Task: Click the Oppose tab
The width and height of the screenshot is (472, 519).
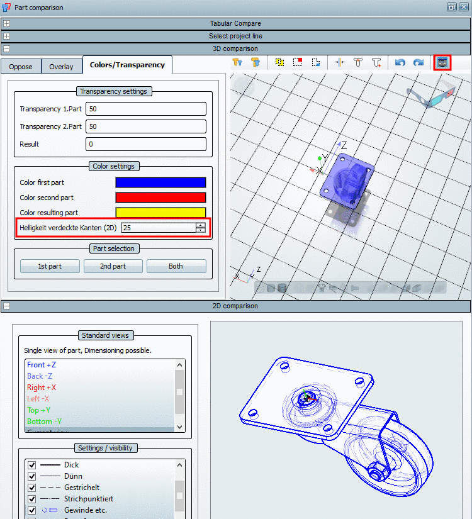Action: click(x=21, y=67)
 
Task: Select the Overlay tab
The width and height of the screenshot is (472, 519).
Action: click(x=62, y=67)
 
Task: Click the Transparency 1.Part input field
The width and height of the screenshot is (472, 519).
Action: click(x=145, y=109)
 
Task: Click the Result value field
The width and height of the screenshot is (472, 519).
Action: click(x=145, y=144)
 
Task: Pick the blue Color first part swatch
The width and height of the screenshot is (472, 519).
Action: click(x=160, y=182)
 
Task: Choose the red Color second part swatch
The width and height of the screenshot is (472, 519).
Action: click(x=160, y=198)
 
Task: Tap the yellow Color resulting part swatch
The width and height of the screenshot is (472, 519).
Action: click(x=160, y=212)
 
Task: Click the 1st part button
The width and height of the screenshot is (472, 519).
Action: click(x=50, y=266)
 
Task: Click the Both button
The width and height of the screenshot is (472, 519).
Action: click(x=176, y=266)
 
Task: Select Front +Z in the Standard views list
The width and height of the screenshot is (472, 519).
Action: click(x=42, y=365)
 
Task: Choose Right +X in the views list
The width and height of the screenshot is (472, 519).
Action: click(x=42, y=388)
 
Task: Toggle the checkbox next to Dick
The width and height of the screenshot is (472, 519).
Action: click(x=32, y=465)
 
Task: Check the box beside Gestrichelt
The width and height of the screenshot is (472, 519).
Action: click(x=32, y=488)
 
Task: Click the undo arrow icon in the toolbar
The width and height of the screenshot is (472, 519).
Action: click(x=400, y=62)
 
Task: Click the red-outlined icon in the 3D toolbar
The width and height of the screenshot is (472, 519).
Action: click(x=442, y=62)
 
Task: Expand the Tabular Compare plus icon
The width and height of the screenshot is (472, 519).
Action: click(x=6, y=24)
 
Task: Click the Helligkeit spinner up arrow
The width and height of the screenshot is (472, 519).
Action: click(x=201, y=225)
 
